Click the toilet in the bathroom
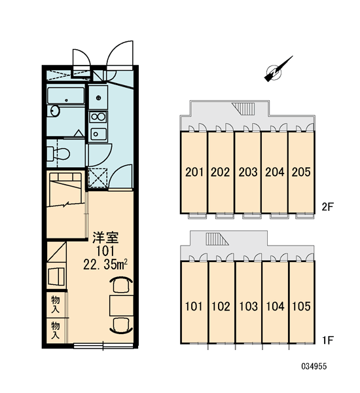click(58, 153)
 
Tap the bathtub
click(66, 96)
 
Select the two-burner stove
click(98, 117)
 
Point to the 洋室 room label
click(106, 238)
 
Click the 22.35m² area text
click(105, 264)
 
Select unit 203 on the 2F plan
click(248, 172)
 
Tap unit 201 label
click(194, 172)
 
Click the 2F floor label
click(328, 207)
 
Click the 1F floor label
click(328, 340)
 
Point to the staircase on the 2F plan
click(243, 108)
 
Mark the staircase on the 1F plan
click(217, 239)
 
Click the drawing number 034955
click(314, 366)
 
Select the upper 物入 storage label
click(56, 304)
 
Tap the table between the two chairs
click(121, 305)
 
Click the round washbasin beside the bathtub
click(55, 111)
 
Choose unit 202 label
click(220, 172)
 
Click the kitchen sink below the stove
click(98, 134)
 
